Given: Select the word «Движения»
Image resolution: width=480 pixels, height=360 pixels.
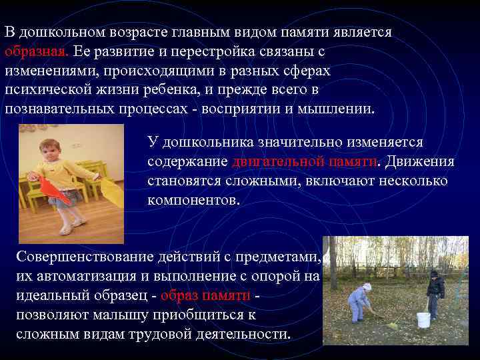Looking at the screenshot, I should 421,161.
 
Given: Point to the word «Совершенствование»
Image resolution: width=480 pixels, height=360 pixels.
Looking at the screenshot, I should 86,257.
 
